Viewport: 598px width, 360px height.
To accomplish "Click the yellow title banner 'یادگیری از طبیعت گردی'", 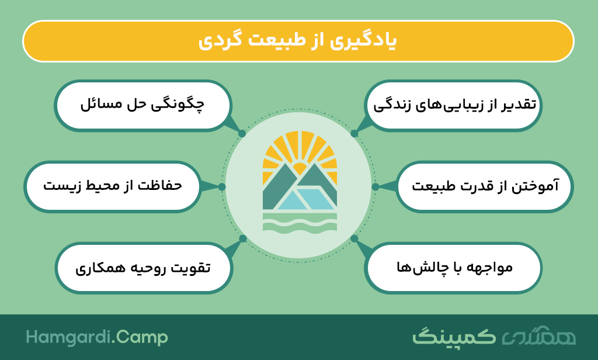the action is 298,41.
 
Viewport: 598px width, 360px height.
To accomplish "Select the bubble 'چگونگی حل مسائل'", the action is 142,106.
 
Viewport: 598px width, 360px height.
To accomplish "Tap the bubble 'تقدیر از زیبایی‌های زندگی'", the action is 454,106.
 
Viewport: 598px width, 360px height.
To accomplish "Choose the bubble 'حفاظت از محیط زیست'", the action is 113,186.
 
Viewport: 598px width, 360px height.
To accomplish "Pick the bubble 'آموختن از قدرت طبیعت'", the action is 485,186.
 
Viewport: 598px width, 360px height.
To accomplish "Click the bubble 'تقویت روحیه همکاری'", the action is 144,268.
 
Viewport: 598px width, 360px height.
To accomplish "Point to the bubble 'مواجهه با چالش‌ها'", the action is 453,268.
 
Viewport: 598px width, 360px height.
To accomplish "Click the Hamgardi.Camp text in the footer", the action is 97,338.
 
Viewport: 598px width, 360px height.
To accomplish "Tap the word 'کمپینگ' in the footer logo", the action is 454,337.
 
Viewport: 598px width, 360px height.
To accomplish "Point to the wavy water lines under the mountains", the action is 300,223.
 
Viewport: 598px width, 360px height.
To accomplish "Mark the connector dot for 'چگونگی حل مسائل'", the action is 242,134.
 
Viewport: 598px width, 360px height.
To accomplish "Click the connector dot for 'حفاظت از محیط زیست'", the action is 222,186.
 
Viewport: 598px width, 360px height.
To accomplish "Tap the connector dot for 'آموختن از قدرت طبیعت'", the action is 376,186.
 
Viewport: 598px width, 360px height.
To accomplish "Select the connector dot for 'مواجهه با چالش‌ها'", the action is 354,238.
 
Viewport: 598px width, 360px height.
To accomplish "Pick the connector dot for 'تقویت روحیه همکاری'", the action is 243,238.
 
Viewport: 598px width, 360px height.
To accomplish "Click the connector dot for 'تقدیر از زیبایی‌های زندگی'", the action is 354,134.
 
